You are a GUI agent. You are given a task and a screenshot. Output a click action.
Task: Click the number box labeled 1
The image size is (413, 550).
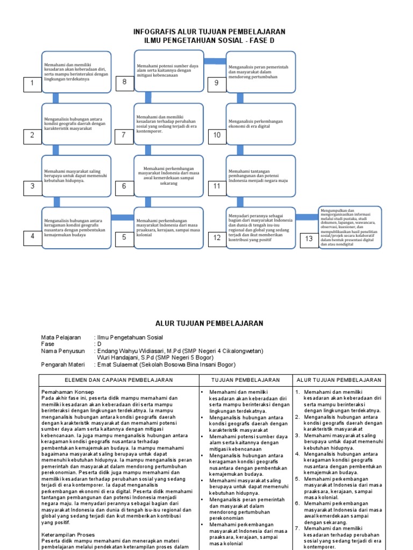[x=32, y=83]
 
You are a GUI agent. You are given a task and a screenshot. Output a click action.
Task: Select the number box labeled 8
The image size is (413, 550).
[x=124, y=82]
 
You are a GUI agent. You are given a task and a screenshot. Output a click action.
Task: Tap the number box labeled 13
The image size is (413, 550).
[x=309, y=239]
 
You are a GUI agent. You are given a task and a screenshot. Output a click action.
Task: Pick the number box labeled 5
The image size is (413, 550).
[x=124, y=237]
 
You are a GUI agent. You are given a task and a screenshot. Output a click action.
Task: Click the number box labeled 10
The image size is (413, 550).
[x=217, y=135]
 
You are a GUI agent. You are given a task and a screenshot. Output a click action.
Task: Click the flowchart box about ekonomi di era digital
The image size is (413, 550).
[x=261, y=124]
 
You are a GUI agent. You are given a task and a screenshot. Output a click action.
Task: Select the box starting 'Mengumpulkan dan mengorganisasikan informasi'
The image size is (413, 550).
[x=349, y=227]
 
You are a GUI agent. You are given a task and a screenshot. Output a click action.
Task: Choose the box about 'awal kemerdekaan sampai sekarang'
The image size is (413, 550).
[x=169, y=176]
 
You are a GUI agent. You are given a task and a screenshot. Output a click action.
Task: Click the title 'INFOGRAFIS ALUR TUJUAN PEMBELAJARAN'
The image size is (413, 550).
[x=209, y=32]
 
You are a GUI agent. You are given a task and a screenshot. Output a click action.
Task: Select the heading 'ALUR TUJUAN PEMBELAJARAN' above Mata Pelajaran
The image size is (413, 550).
[x=209, y=323]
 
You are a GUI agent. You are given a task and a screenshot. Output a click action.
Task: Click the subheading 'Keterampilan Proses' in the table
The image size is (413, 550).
[x=68, y=535]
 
